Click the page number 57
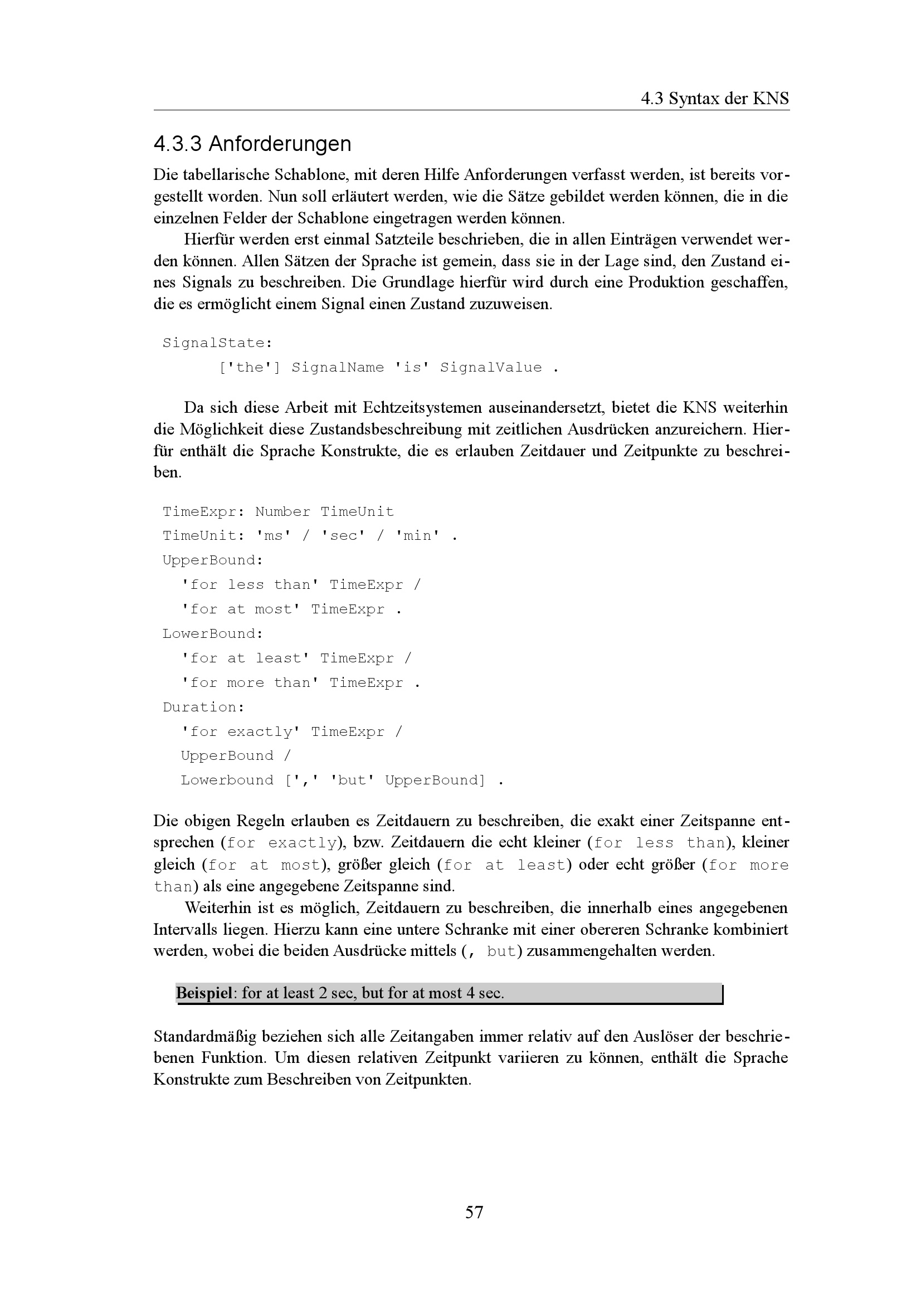click(x=474, y=1212)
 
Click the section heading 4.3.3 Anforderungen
click(x=252, y=144)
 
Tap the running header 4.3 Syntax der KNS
click(x=714, y=99)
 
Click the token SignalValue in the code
click(x=491, y=368)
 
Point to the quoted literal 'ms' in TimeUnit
click(x=274, y=536)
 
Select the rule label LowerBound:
click(x=213, y=634)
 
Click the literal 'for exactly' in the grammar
click(x=241, y=732)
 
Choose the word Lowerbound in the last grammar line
click(x=227, y=781)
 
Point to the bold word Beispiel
click(x=204, y=993)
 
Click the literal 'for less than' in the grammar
click(x=250, y=585)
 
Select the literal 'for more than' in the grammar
click(x=250, y=684)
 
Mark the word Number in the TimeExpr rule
click(x=282, y=512)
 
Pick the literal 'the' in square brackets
click(x=250, y=368)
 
